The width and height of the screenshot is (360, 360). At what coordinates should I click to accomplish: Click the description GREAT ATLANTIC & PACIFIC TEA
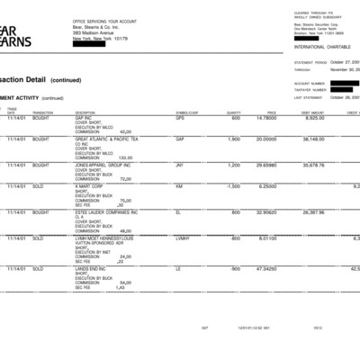pos(107,139)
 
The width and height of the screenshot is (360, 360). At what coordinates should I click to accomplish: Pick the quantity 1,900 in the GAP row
pos(233,139)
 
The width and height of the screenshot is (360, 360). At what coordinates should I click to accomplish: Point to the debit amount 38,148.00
pos(313,139)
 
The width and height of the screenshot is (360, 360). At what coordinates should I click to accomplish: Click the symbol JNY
pos(180,166)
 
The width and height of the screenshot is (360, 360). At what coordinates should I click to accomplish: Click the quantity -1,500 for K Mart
pos(233,186)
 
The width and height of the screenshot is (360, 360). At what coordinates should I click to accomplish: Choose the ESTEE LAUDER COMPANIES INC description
pos(107,212)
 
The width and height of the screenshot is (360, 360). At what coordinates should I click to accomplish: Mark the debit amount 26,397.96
pos(313,212)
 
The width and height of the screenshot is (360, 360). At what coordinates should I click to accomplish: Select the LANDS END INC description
pos(94,269)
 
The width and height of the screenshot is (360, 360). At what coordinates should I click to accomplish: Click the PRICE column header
pos(271,112)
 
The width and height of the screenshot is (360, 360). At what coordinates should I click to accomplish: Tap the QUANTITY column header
pos(234,112)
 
